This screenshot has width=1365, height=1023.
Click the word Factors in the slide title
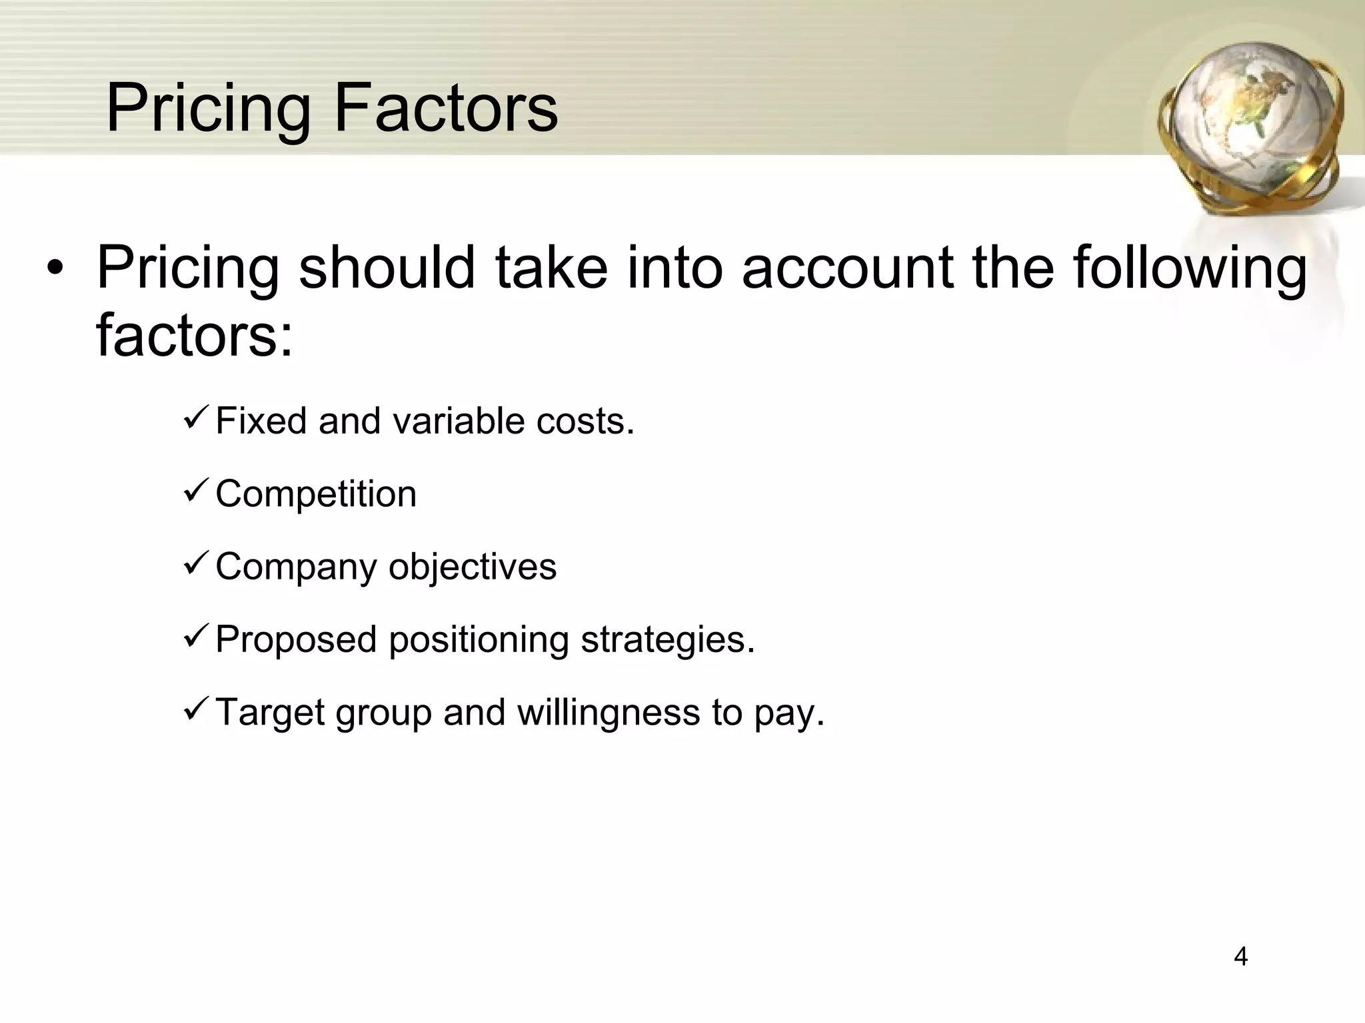click(445, 108)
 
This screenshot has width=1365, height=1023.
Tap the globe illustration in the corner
click(1248, 127)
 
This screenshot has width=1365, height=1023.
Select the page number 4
click(1240, 956)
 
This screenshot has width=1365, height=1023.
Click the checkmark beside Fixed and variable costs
click(197, 418)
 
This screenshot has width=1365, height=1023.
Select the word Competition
click(316, 494)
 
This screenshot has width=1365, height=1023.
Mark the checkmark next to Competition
click(197, 491)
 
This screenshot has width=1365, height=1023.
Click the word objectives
click(473, 567)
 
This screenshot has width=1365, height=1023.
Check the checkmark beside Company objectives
click(197, 564)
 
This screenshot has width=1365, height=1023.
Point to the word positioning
click(479, 641)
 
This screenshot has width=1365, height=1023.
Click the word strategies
click(668, 641)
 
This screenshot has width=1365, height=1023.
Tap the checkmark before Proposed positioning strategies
click(197, 637)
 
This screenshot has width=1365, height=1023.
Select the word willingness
click(609, 713)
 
